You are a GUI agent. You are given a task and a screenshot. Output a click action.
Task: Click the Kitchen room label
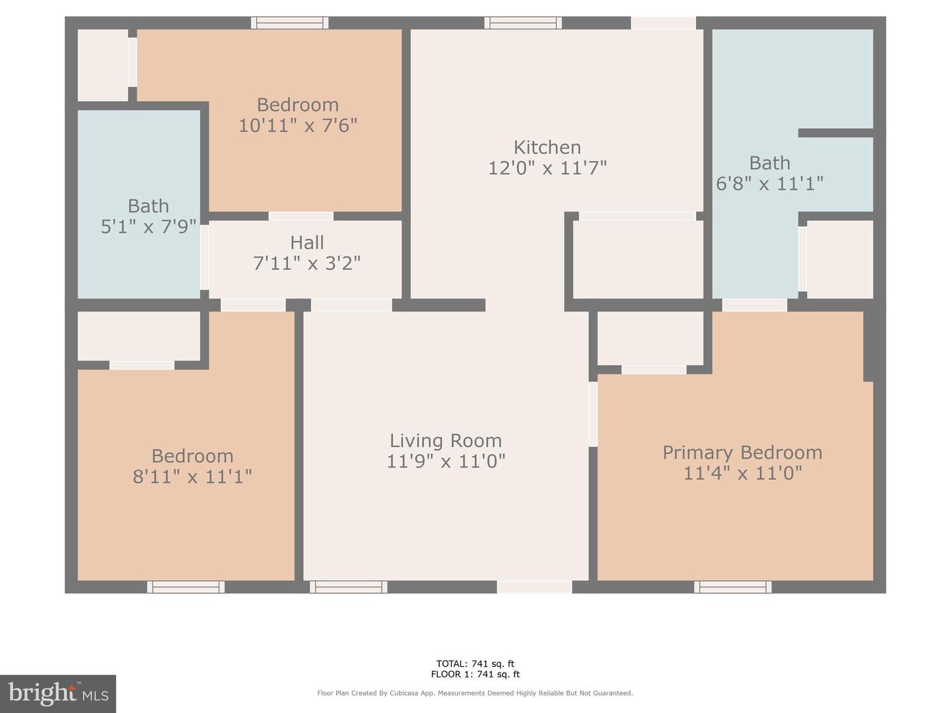(x=547, y=147)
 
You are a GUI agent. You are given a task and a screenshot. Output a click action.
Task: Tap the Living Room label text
(x=446, y=440)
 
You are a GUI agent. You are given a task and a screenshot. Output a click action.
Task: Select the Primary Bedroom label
(x=742, y=452)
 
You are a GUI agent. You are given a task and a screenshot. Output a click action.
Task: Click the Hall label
(x=307, y=242)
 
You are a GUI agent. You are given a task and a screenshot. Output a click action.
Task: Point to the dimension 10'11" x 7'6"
(x=298, y=125)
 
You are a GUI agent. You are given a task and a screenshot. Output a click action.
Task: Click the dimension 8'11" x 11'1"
(x=192, y=477)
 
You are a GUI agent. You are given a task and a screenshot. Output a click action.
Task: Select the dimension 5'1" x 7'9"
(x=149, y=227)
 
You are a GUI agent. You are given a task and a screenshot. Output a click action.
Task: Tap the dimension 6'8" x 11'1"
(x=769, y=184)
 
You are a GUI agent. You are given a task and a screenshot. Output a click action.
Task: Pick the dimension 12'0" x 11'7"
(x=547, y=168)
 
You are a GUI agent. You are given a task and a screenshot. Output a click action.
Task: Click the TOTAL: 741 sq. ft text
(x=475, y=663)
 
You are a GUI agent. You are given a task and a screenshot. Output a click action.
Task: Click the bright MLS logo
(x=58, y=693)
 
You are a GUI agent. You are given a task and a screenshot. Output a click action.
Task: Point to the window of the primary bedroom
(x=732, y=587)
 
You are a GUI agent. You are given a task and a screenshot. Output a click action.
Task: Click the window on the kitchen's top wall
(x=523, y=23)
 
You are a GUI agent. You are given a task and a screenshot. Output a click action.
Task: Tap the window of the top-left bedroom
(x=289, y=23)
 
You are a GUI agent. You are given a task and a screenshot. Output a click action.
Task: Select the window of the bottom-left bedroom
(x=186, y=587)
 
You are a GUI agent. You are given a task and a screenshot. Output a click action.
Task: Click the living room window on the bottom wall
(x=348, y=587)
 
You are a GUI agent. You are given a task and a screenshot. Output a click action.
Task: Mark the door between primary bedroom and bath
(x=754, y=305)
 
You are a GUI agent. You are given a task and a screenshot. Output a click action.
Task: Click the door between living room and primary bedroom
(x=593, y=414)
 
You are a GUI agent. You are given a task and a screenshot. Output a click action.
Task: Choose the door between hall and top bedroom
(x=300, y=216)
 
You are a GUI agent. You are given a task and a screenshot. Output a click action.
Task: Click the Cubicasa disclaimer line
(x=475, y=693)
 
